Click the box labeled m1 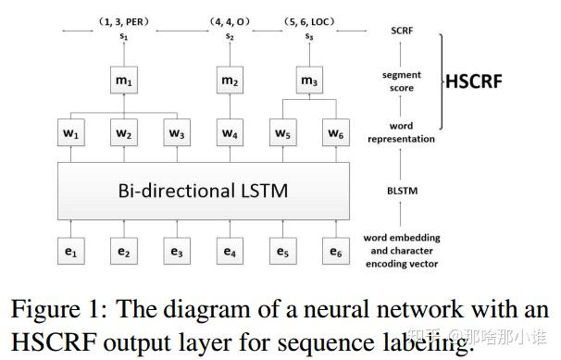click(x=123, y=82)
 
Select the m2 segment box click(x=229, y=82)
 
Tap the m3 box click(x=309, y=82)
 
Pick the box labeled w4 click(x=229, y=134)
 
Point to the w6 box click(x=335, y=134)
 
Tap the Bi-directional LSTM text click(x=202, y=192)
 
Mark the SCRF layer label click(x=402, y=31)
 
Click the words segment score click(x=402, y=81)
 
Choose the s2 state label click(x=229, y=36)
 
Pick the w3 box click(x=176, y=134)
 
